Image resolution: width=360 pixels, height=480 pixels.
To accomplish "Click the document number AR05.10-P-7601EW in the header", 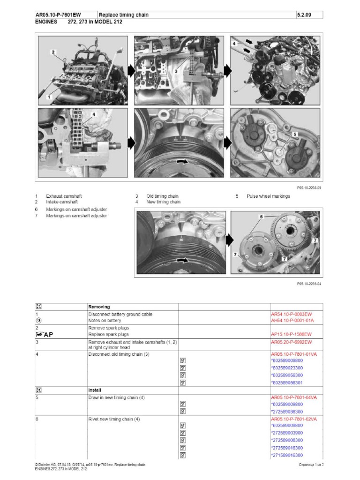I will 58,15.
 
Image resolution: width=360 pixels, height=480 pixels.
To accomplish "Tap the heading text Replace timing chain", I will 124,15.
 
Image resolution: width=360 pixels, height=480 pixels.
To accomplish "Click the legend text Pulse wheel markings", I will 268,196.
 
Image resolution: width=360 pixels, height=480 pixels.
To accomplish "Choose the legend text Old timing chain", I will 162,196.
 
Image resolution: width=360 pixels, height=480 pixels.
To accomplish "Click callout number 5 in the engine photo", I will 295,134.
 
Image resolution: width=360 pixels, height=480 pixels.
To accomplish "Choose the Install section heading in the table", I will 95,390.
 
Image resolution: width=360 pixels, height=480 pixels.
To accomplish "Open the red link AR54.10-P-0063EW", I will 292,314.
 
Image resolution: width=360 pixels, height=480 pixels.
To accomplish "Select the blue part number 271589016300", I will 287,455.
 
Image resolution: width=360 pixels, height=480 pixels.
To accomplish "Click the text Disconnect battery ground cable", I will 120,314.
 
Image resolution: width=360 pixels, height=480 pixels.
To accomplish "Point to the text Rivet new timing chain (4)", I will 114,419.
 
